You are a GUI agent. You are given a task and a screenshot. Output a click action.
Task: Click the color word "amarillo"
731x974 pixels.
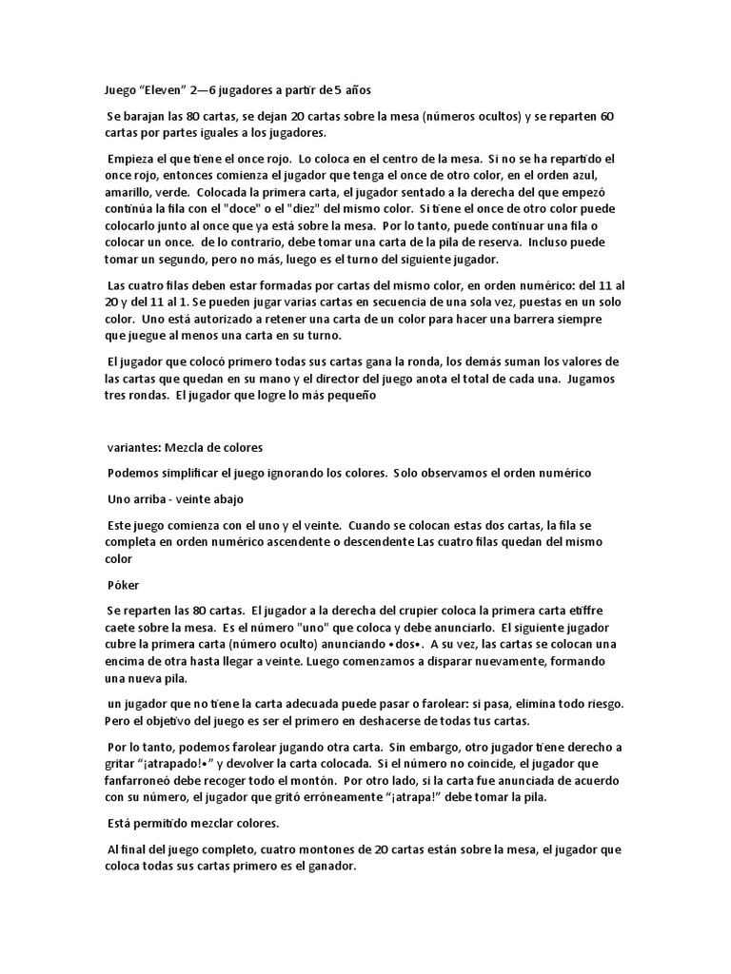130,192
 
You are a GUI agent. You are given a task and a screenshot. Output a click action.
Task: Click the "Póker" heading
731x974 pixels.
124,585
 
